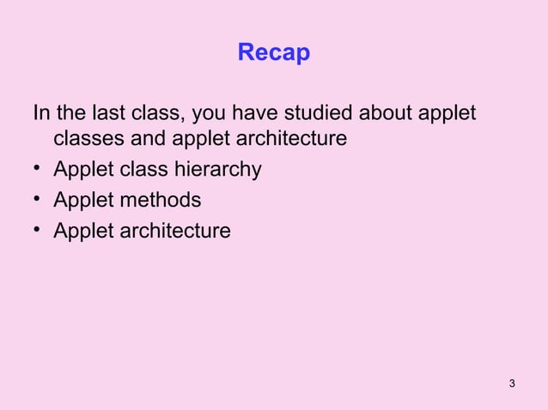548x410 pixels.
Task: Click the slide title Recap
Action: click(x=273, y=54)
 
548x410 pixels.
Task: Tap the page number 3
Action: click(x=512, y=382)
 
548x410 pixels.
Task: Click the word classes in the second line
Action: click(x=88, y=138)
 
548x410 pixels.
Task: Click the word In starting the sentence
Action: click(x=41, y=112)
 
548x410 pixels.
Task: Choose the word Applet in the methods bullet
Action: click(x=83, y=200)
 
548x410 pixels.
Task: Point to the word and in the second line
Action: click(x=149, y=138)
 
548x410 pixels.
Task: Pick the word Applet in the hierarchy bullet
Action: click(x=83, y=170)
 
